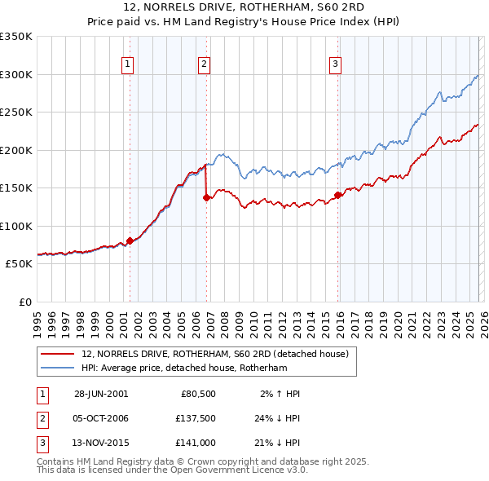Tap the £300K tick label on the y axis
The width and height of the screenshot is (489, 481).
coord(16,74)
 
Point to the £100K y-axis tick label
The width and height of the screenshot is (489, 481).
coord(16,226)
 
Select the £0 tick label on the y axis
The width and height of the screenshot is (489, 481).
coord(24,302)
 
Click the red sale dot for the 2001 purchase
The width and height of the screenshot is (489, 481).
coord(130,240)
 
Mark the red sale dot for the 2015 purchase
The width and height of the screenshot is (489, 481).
coord(337,195)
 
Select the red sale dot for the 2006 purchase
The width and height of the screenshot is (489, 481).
coord(206,197)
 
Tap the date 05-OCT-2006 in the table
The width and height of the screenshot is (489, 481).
coord(101,418)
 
